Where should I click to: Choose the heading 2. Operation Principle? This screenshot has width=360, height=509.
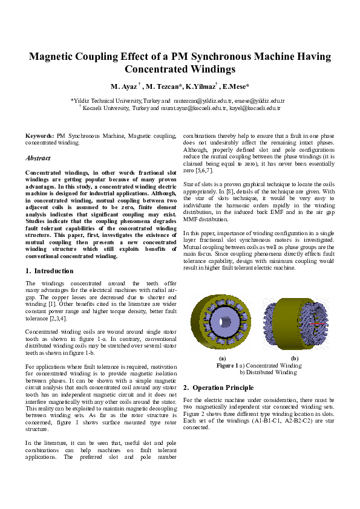click(x=219, y=387)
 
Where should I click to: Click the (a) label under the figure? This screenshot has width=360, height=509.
click(x=222, y=358)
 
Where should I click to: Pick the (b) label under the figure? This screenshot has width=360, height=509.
click(x=295, y=358)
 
